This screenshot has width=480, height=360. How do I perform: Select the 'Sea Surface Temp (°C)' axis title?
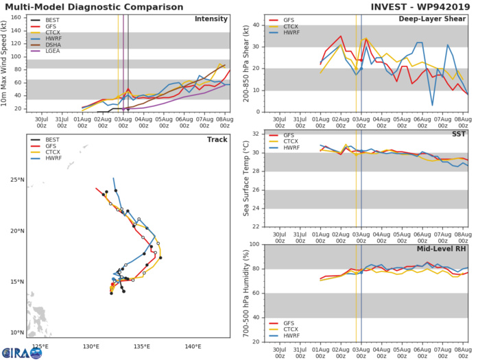click(245, 178)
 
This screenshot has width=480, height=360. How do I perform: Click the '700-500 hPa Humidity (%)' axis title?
click(245, 293)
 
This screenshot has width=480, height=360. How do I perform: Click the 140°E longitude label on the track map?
click(193, 346)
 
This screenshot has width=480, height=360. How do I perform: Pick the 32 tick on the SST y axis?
click(258, 134)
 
